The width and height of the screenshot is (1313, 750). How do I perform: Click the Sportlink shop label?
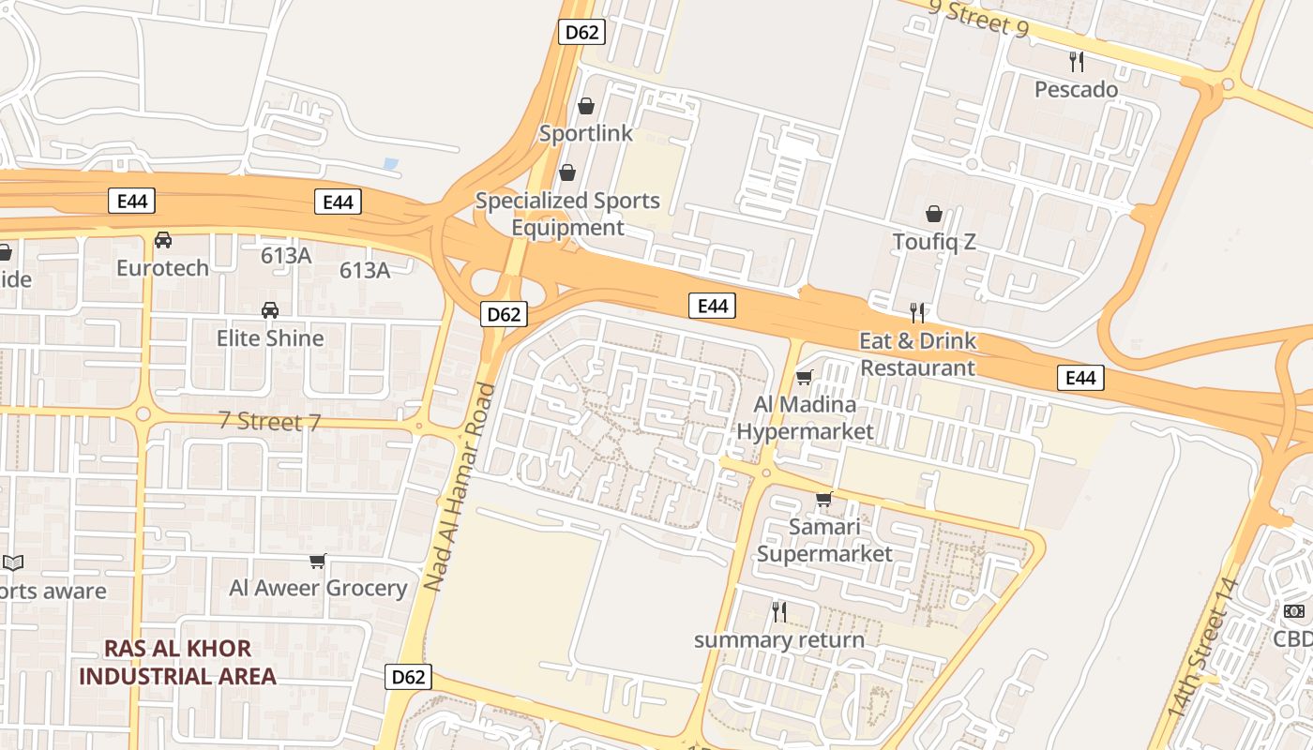pyautogui.click(x=586, y=133)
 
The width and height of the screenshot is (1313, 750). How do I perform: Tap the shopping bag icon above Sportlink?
pyautogui.click(x=586, y=106)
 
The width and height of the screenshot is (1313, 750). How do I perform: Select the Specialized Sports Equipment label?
pyautogui.click(x=567, y=214)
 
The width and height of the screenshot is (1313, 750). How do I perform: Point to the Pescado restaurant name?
pyautogui.click(x=1076, y=89)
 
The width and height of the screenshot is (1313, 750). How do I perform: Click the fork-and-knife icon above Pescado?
pyautogui.click(x=1077, y=62)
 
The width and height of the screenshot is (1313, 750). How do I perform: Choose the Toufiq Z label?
pyautogui.click(x=934, y=242)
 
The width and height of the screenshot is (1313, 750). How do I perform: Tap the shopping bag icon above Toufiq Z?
pyautogui.click(x=934, y=215)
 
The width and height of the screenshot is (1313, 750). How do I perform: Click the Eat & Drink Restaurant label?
pyautogui.click(x=918, y=353)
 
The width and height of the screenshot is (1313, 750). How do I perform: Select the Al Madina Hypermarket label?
pyautogui.click(x=805, y=417)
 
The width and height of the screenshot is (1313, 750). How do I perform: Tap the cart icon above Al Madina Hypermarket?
pyautogui.click(x=804, y=378)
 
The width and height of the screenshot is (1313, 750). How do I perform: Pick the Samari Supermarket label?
pyautogui.click(x=824, y=540)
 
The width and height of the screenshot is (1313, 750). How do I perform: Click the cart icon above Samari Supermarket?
pyautogui.click(x=824, y=499)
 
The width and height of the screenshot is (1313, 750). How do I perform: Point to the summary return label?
pyautogui.click(x=778, y=640)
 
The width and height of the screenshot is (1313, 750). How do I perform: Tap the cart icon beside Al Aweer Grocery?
pyautogui.click(x=318, y=562)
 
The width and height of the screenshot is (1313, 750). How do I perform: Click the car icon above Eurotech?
pyautogui.click(x=163, y=240)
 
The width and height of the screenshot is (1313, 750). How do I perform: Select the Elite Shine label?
pyautogui.click(x=270, y=337)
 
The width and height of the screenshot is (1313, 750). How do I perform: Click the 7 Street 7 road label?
pyautogui.click(x=269, y=421)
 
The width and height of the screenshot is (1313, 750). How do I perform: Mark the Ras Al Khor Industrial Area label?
pyautogui.click(x=177, y=662)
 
